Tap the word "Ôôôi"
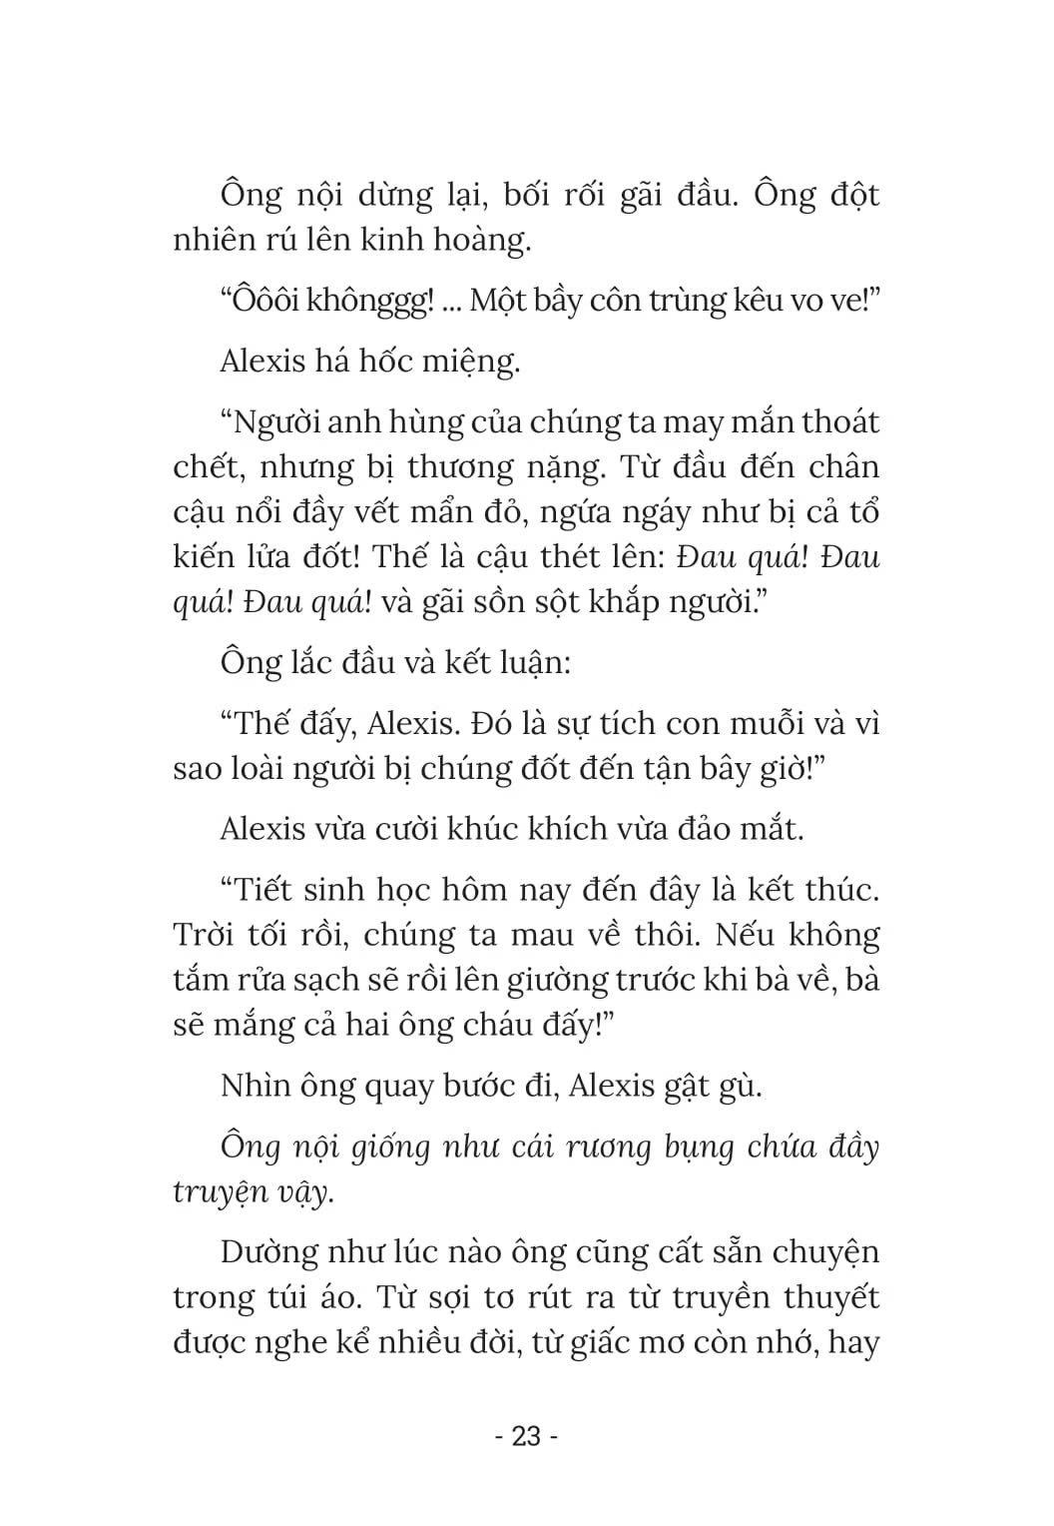(263, 300)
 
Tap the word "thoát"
(834, 421)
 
